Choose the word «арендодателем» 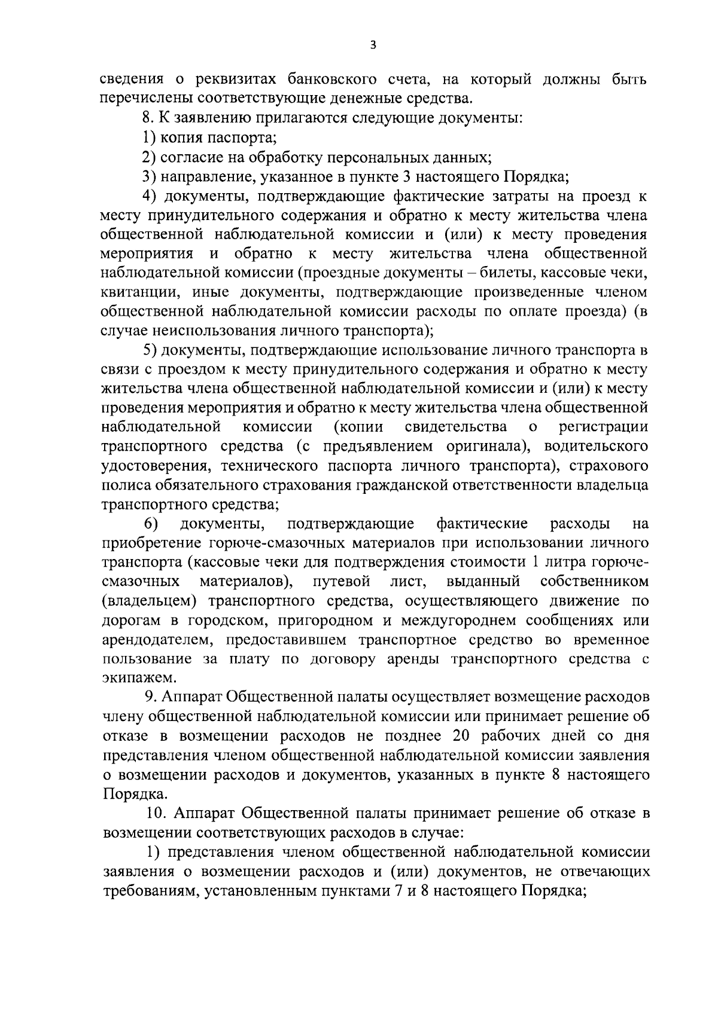point(155,640)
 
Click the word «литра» point(563,563)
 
